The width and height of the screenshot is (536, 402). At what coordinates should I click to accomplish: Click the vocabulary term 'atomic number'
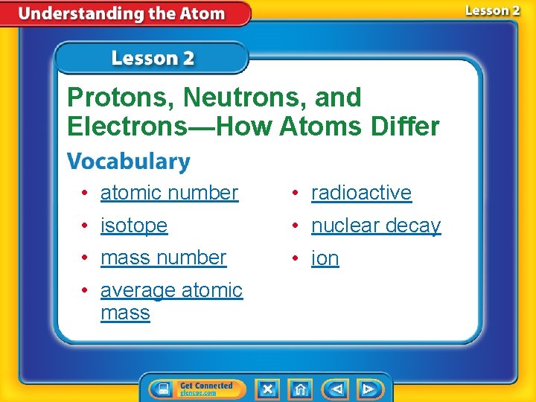[169, 193]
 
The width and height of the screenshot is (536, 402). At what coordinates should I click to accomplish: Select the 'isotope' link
[134, 226]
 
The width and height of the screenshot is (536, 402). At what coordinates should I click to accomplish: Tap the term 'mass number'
[163, 258]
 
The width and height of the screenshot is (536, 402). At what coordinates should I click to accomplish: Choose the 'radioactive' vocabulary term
[361, 193]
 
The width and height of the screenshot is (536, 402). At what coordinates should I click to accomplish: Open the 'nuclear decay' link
[376, 226]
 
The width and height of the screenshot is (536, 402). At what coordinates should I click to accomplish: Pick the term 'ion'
[325, 258]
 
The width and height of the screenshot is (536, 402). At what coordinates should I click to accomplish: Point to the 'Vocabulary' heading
[128, 162]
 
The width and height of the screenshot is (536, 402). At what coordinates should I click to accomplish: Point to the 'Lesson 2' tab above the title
[152, 58]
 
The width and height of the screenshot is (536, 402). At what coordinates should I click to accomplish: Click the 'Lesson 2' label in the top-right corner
[492, 10]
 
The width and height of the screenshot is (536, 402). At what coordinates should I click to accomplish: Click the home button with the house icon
[299, 389]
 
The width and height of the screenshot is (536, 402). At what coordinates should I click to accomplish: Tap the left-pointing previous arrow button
[335, 389]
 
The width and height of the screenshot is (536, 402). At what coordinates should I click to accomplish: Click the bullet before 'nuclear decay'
[296, 226]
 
